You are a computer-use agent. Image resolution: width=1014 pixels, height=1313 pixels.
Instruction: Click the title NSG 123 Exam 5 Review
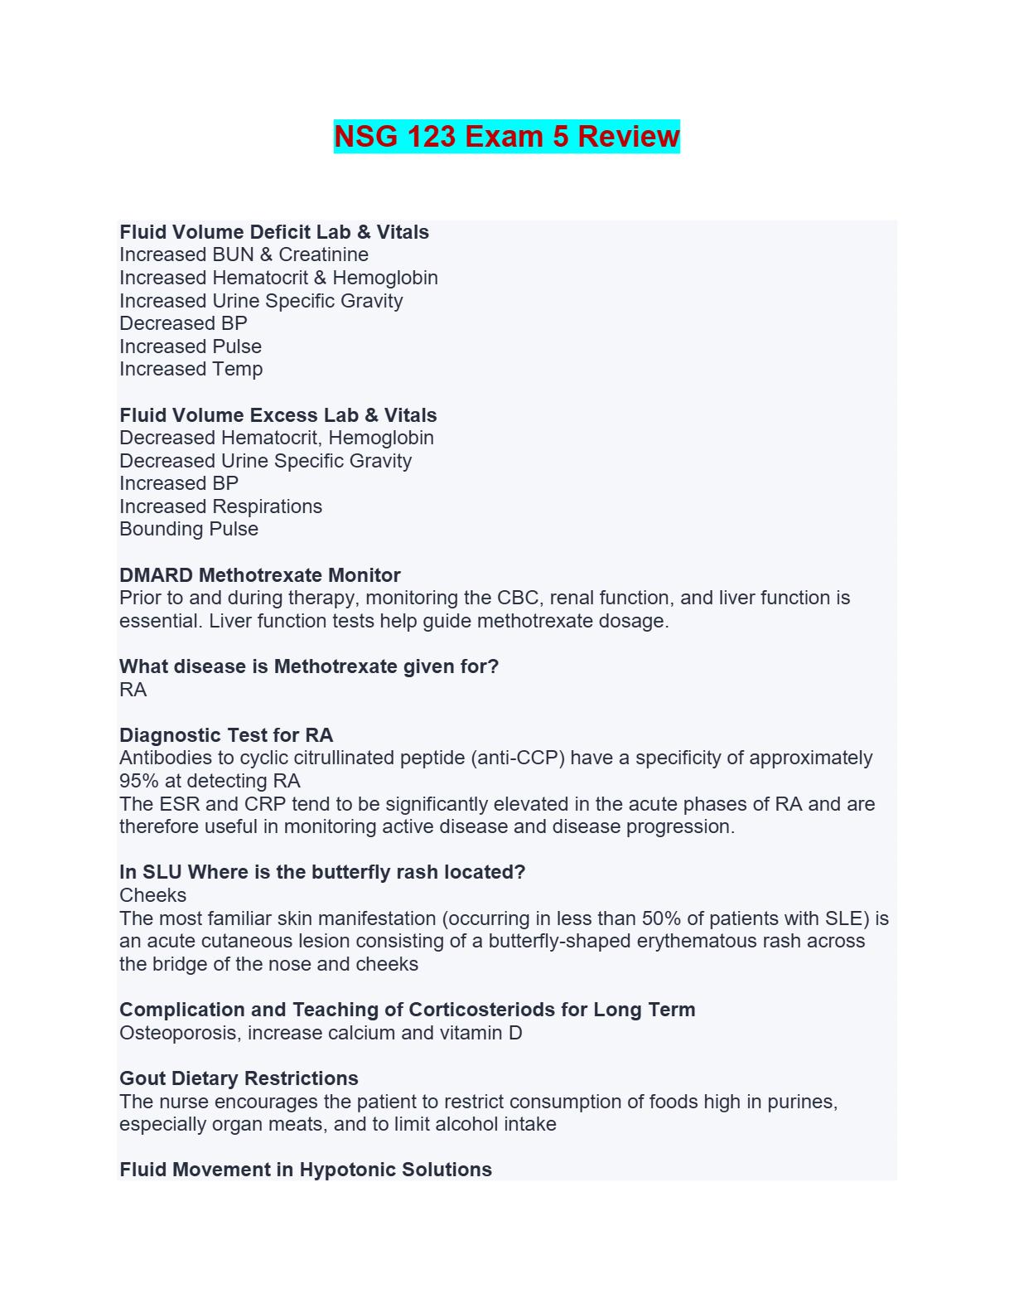(x=506, y=136)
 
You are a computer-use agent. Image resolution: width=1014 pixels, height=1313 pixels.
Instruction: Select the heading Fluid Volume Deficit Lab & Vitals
(x=274, y=232)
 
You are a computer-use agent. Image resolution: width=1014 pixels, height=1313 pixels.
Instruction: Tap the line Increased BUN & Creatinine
(x=244, y=254)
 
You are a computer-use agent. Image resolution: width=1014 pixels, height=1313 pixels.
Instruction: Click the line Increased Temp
(x=191, y=369)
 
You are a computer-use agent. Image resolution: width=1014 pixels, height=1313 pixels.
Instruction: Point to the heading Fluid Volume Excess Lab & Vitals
(x=278, y=415)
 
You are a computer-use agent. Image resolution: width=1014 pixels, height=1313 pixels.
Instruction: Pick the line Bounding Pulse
(x=189, y=529)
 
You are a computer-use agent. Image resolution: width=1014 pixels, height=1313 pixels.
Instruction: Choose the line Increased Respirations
(x=220, y=506)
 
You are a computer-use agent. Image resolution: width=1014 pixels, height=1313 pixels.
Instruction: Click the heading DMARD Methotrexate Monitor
(x=259, y=575)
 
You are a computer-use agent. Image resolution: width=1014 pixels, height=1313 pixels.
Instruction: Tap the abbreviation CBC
(x=517, y=598)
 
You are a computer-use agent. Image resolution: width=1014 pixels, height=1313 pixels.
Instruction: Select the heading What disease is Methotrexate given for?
(x=309, y=666)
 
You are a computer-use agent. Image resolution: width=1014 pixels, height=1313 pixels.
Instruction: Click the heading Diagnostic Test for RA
(x=226, y=735)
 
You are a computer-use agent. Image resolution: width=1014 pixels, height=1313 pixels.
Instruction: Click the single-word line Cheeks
(x=152, y=895)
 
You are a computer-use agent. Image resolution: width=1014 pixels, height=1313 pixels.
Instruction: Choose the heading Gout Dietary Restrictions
(x=239, y=1078)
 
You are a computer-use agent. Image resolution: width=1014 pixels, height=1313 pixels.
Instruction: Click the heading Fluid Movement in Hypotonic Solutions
(x=306, y=1170)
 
